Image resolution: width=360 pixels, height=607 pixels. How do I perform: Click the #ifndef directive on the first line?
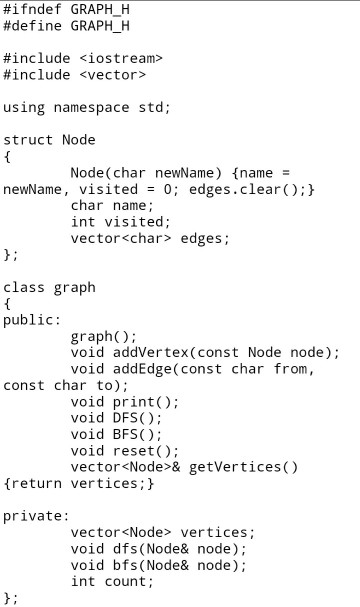coord(33,9)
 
